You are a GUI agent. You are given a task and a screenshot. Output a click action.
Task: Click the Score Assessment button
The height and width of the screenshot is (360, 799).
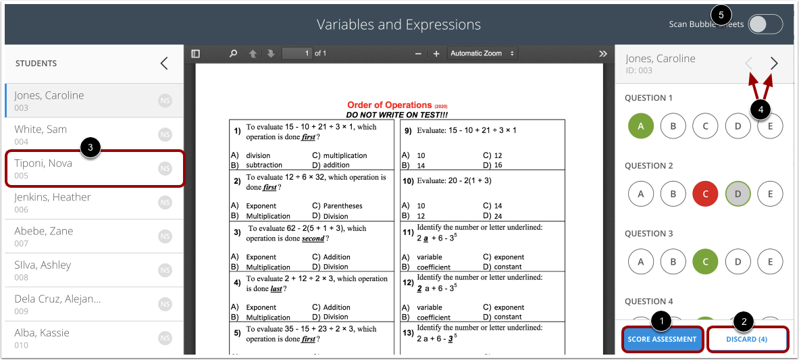663,339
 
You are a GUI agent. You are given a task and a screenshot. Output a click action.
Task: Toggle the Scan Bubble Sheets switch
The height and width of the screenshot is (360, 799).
765,24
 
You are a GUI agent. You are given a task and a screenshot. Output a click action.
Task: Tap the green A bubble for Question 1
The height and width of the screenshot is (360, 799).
641,126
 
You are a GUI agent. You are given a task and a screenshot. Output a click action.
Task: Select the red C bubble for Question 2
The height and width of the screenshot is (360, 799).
705,195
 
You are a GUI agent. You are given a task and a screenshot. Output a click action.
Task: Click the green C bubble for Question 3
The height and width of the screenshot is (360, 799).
705,262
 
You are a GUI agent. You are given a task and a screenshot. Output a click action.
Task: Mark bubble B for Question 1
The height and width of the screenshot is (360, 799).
673,126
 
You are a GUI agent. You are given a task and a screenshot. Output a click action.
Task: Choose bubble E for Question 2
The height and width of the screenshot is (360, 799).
770,195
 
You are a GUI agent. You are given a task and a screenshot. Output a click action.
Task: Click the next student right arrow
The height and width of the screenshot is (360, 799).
774,63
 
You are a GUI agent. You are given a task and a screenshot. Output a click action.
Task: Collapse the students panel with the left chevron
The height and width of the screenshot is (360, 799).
164,63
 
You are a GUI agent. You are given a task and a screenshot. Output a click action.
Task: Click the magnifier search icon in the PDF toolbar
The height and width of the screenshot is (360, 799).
233,53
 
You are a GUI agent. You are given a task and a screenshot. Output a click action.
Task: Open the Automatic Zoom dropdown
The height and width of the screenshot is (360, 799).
482,53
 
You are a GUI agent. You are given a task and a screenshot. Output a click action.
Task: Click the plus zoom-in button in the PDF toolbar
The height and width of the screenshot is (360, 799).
436,53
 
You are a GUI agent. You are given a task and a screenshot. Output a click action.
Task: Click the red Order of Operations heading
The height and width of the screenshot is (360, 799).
389,105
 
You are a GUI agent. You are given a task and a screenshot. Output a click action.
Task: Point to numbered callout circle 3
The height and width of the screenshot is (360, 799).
91,147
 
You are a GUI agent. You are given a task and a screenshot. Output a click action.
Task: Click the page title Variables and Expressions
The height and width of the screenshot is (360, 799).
399,25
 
